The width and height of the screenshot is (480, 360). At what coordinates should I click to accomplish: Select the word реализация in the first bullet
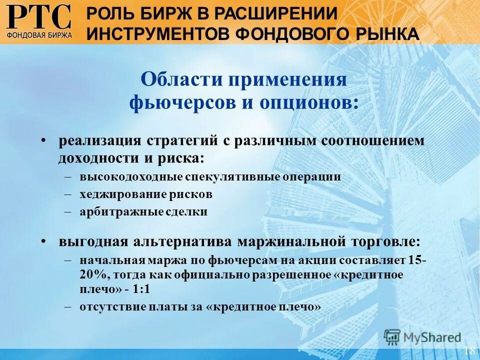[x=100, y=140]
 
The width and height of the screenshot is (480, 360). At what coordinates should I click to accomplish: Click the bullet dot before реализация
[x=44, y=140]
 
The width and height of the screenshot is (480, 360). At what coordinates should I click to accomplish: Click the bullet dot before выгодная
[x=44, y=241]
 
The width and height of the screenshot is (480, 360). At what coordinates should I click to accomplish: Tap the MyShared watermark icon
[x=392, y=337]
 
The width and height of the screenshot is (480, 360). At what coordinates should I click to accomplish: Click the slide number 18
[x=469, y=350]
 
